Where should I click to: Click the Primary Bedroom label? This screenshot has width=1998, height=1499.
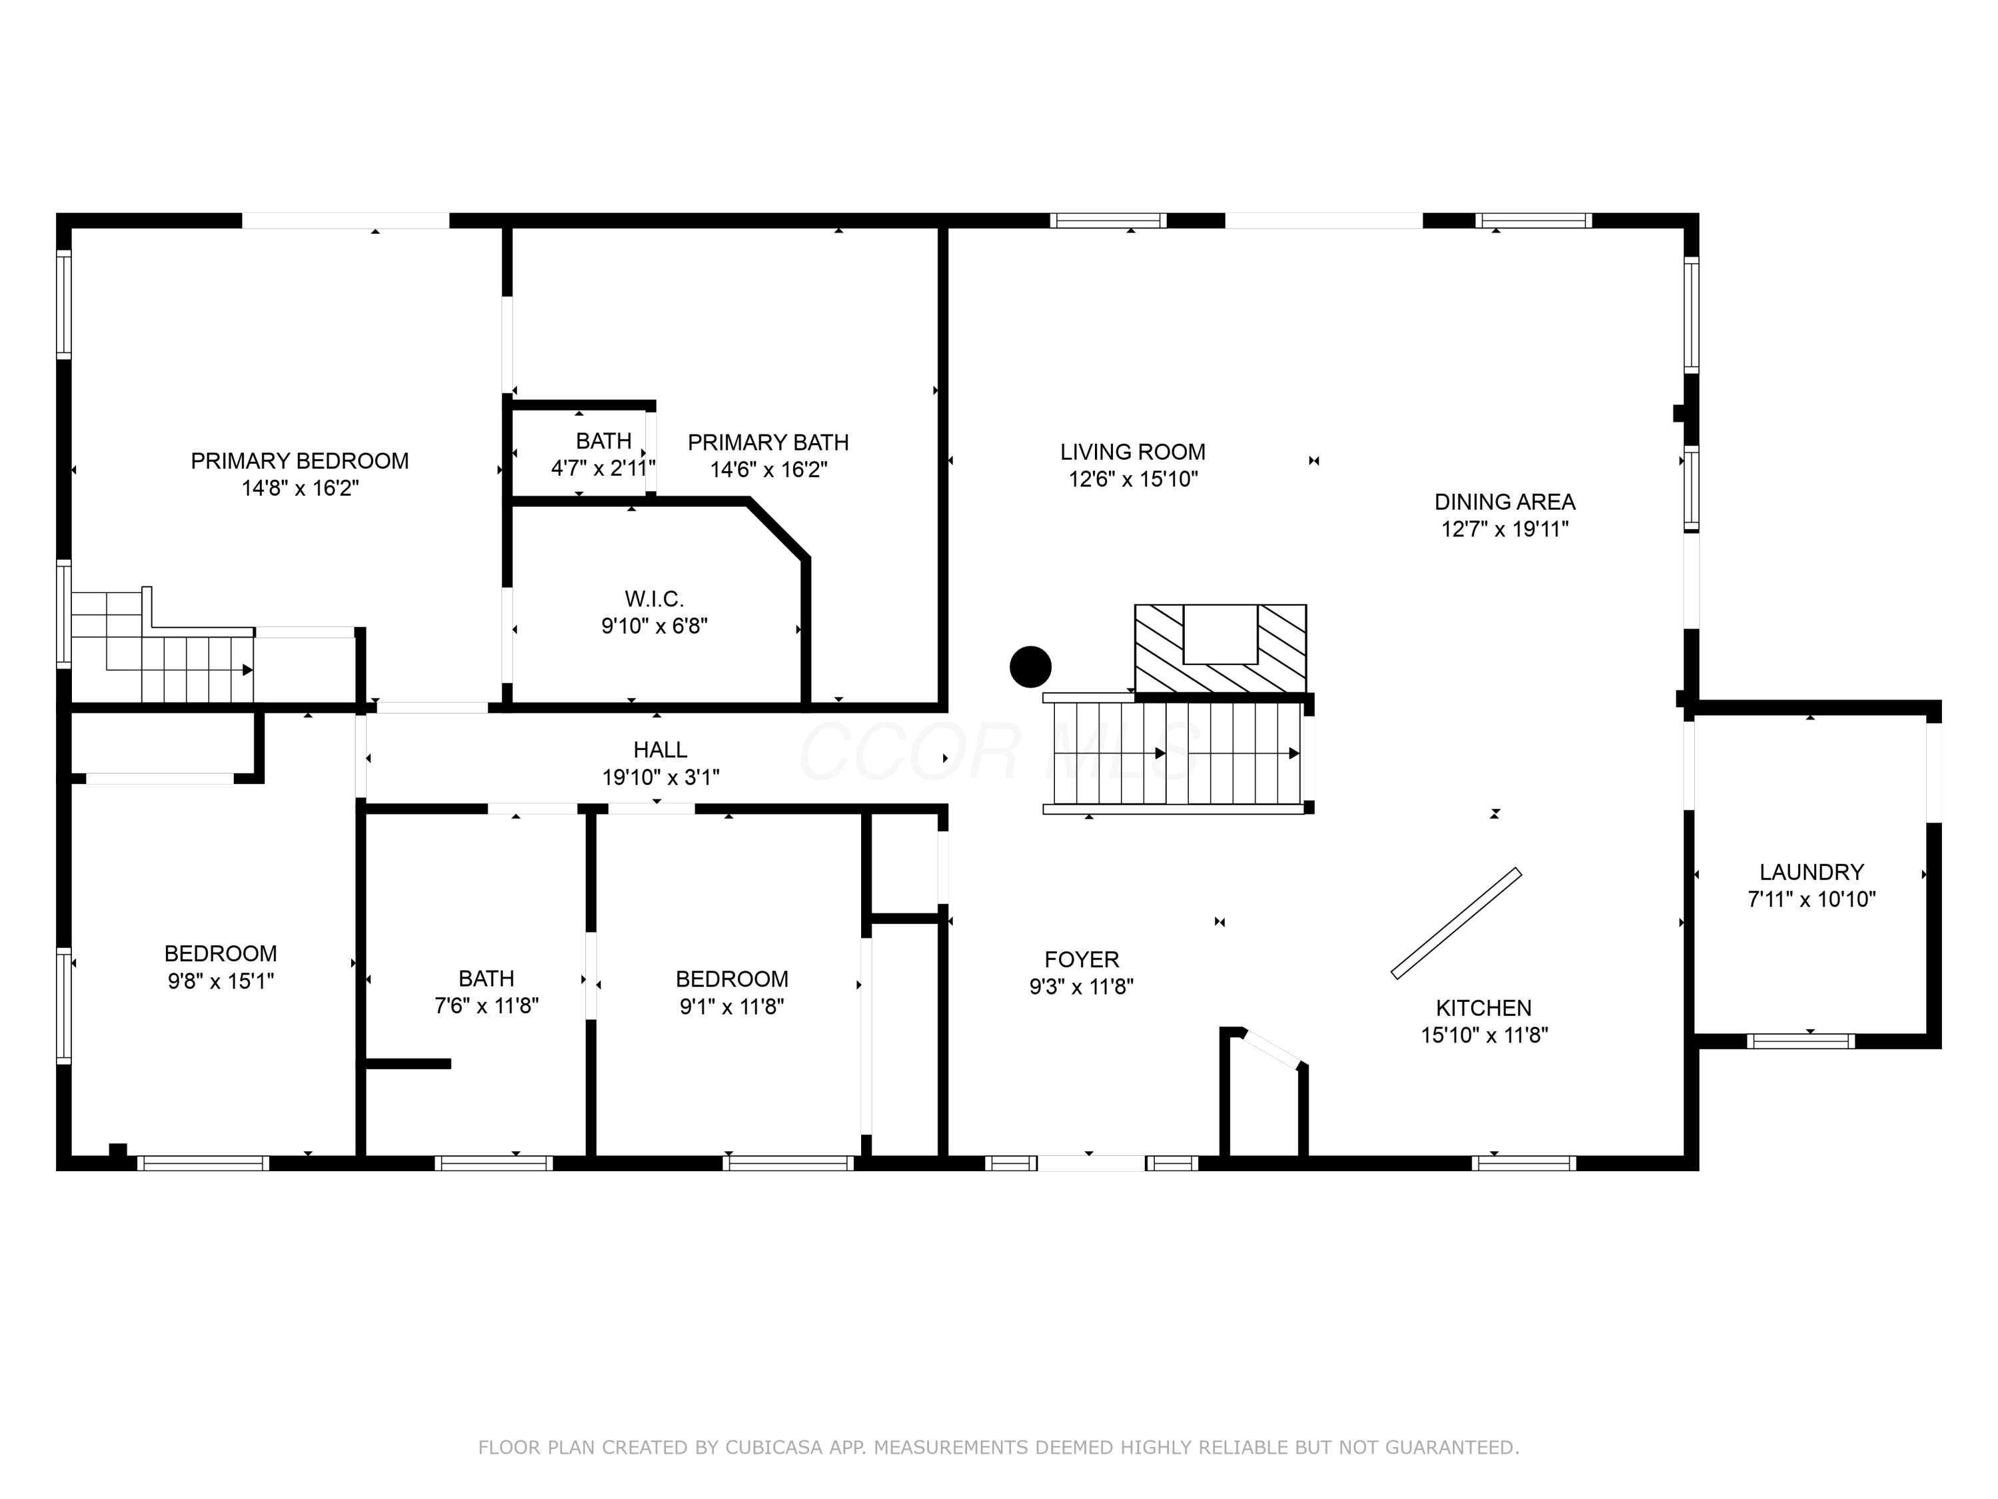coord(299,461)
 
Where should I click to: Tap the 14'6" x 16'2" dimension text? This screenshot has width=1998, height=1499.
coord(769,470)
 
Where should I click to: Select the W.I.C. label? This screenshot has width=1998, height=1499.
coord(654,599)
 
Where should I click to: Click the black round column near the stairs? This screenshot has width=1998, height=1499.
coord(1030,667)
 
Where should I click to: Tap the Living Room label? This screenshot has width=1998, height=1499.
coord(1133,452)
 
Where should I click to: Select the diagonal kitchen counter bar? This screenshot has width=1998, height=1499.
coord(1456,923)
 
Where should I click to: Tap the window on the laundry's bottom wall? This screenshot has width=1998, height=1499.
coord(1800,1041)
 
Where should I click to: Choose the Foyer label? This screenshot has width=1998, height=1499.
coord(1082,959)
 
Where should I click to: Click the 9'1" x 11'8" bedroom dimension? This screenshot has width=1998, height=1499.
coord(733,1007)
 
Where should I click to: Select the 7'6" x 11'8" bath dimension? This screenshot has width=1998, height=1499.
coord(487,1005)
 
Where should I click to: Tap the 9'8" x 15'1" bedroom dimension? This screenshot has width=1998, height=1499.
coord(221,981)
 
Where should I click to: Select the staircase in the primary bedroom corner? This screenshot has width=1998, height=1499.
coord(163,647)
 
